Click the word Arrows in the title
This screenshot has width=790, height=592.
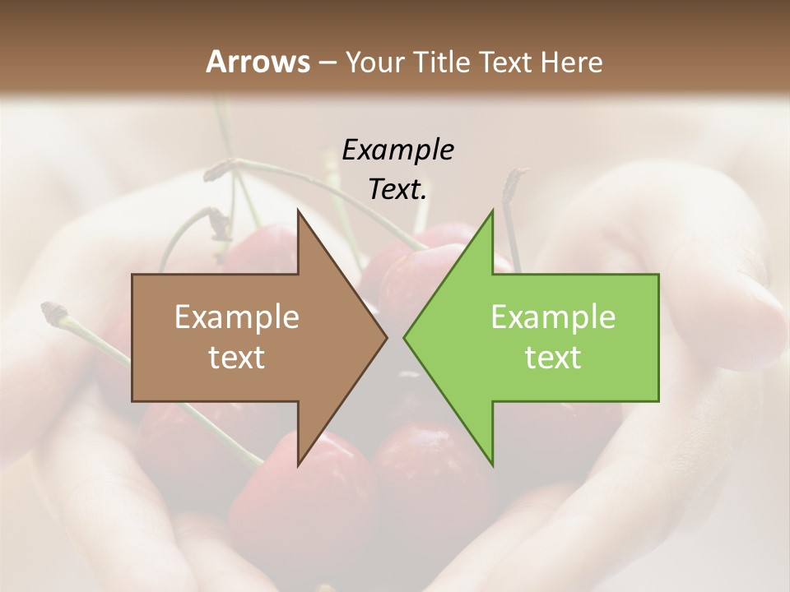(x=258, y=62)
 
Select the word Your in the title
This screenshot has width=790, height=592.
(x=374, y=62)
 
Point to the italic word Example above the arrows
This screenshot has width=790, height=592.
(x=398, y=150)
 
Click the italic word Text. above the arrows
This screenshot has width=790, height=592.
(x=398, y=189)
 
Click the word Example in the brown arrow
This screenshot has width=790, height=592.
(x=237, y=317)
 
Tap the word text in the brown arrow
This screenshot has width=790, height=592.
(x=237, y=357)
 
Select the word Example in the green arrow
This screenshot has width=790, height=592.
(x=553, y=317)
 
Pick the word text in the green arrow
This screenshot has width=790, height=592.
(x=553, y=357)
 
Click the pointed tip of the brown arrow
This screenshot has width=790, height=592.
(x=387, y=338)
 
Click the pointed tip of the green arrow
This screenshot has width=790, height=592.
(x=404, y=338)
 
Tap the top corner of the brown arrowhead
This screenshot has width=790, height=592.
(x=299, y=211)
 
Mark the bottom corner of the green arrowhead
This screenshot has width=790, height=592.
(x=492, y=465)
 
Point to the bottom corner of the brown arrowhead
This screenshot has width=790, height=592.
(x=299, y=465)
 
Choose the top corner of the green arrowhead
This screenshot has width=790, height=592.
(x=492, y=211)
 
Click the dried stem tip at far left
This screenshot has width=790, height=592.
(x=54, y=311)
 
